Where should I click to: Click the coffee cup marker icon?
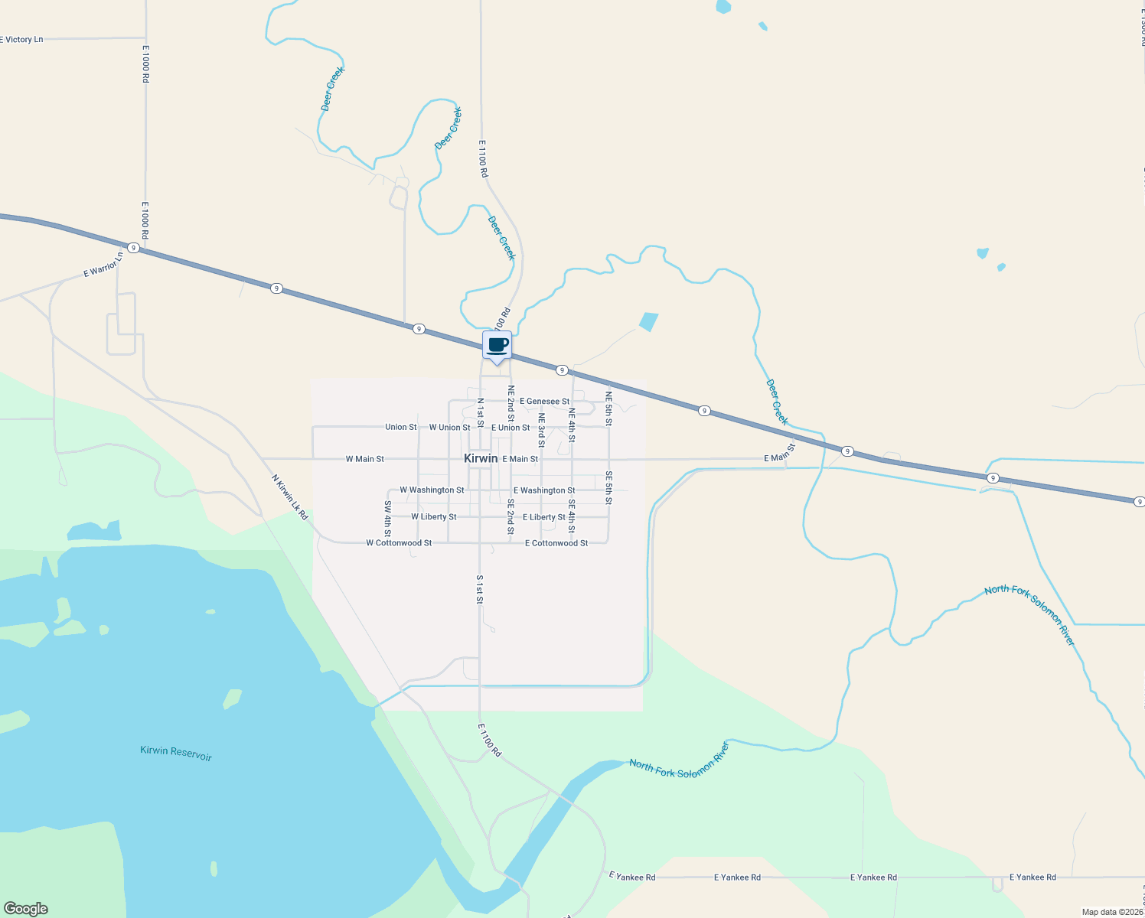click(x=497, y=345)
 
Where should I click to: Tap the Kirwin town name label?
click(x=481, y=458)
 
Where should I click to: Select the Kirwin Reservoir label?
click(x=176, y=753)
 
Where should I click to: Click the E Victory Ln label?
click(x=22, y=40)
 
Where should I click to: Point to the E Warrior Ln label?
click(x=103, y=265)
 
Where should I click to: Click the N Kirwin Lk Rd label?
click(x=290, y=497)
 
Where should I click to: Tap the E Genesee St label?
click(x=544, y=402)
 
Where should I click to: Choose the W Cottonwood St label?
click(x=399, y=543)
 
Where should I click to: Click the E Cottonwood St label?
click(x=556, y=543)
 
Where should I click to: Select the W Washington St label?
click(x=432, y=490)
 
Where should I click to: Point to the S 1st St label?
click(x=480, y=590)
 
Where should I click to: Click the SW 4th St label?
click(x=388, y=518)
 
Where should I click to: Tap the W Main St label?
click(x=364, y=459)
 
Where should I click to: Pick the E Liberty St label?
click(x=544, y=517)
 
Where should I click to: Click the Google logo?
click(x=26, y=909)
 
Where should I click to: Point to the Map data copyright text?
click(x=1112, y=912)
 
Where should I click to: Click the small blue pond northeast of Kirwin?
click(x=648, y=321)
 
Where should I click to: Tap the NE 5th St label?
click(x=609, y=408)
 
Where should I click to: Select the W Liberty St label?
click(x=434, y=517)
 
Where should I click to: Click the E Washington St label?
click(x=544, y=490)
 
